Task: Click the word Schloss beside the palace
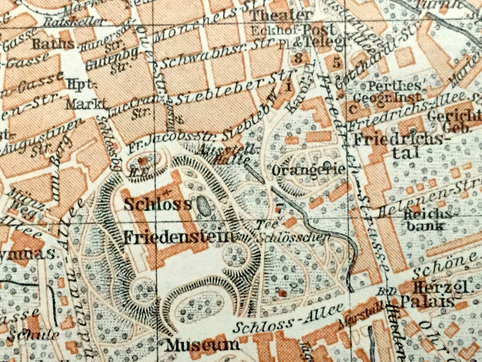coord(157,204)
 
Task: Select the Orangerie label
coord(309,170)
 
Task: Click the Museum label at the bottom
coord(202,345)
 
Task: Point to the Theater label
coord(281,16)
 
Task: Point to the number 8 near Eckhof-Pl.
coord(299,58)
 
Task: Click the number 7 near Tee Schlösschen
coord(278,207)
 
